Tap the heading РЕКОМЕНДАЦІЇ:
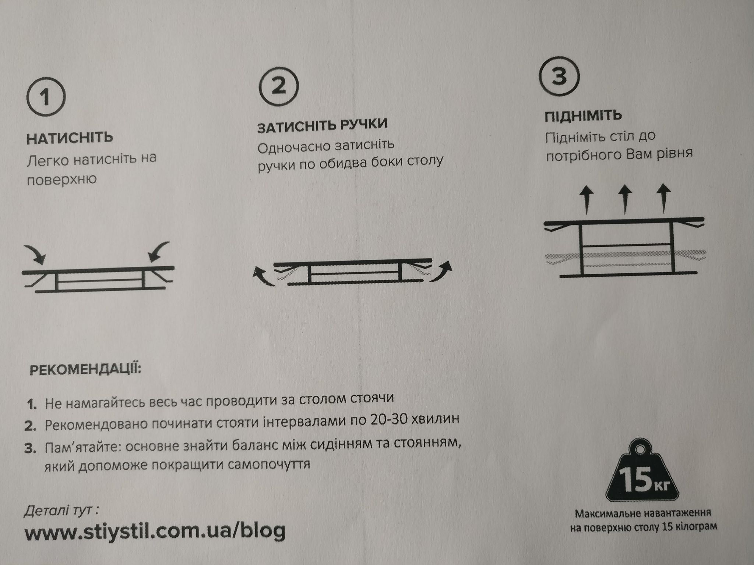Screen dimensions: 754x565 (85, 369)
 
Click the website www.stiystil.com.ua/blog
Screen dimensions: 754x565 (155, 531)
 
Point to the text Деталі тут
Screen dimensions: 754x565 (61, 511)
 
